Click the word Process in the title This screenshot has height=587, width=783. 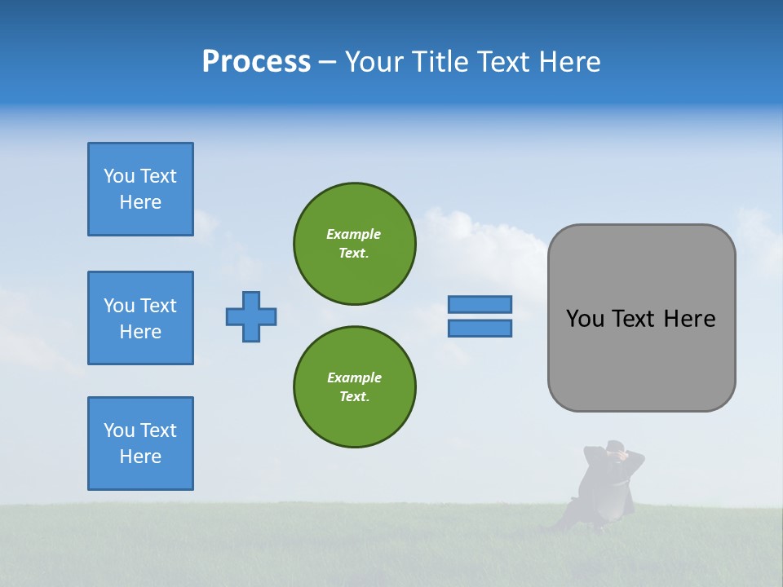256,62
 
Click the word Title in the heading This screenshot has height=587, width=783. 441,62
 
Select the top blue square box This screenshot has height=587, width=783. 140,189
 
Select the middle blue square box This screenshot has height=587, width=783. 140,318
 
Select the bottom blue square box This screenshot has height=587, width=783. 140,444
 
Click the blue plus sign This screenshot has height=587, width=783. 251,316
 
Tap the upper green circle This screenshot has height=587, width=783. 355,243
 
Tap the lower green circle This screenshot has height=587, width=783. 355,386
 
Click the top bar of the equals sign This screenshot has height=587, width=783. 480,304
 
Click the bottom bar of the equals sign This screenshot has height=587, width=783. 480,328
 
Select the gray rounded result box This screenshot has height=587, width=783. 641,318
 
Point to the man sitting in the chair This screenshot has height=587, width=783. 607,485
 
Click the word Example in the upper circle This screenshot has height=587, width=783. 353,234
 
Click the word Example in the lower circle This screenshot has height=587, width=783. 354,377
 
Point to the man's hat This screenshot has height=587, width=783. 614,445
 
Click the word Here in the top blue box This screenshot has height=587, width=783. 140,202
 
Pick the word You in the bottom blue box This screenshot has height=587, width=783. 118,430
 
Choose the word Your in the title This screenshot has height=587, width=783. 374,62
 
